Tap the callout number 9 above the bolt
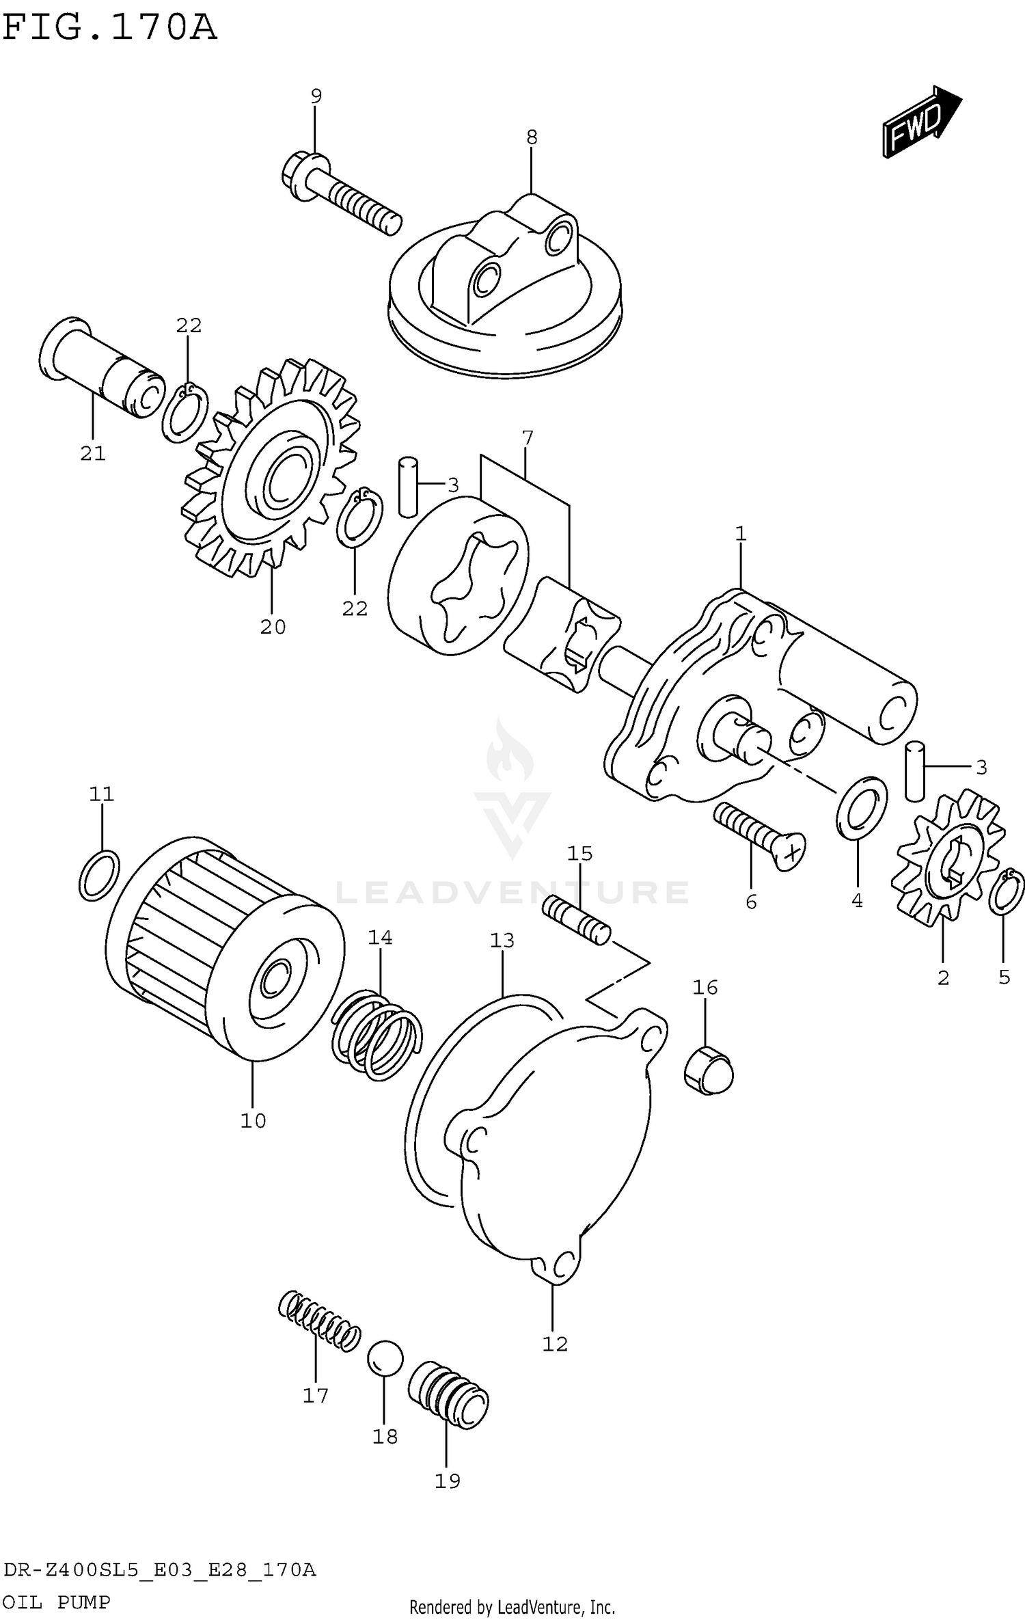(316, 96)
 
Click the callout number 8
(532, 137)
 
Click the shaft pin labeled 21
(102, 369)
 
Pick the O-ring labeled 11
(100, 875)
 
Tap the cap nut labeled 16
(709, 1069)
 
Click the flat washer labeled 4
(861, 807)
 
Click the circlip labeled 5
(1007, 892)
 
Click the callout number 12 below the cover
(555, 1344)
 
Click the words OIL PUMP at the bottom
(57, 1602)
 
